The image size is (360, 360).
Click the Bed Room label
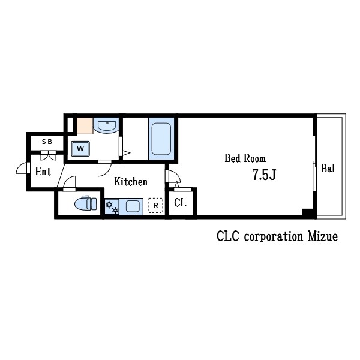click(x=245, y=158)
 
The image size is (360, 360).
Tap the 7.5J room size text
click(x=264, y=175)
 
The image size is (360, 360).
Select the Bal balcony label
click(x=328, y=168)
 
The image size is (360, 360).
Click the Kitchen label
click(x=131, y=182)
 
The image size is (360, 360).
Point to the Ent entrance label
click(x=43, y=171)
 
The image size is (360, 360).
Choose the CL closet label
click(x=180, y=203)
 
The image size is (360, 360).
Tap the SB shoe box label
click(x=47, y=142)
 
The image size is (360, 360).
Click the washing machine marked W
click(x=80, y=149)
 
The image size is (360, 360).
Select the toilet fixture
click(x=86, y=203)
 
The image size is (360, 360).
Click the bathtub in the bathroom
click(x=161, y=139)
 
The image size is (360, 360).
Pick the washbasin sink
click(x=107, y=125)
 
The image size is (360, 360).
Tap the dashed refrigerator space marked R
click(x=155, y=205)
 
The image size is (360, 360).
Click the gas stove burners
click(x=112, y=207)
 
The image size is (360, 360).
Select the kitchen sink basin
click(x=133, y=206)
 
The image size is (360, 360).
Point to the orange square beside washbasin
click(x=85, y=125)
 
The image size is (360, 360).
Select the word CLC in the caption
click(x=228, y=236)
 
